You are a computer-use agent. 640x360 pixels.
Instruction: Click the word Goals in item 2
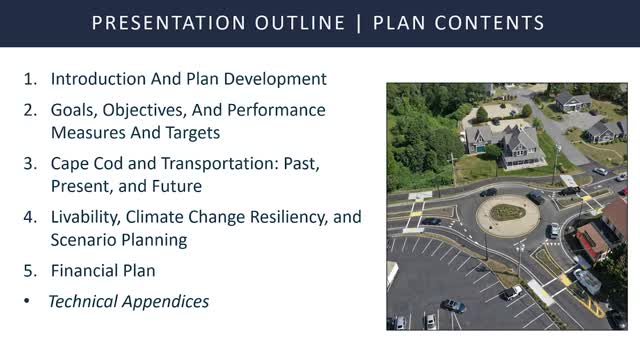(x=74, y=110)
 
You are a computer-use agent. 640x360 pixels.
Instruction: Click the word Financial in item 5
(x=86, y=271)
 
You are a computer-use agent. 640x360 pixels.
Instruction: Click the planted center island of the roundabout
(x=507, y=212)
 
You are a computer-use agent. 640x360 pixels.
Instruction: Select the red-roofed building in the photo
(x=592, y=240)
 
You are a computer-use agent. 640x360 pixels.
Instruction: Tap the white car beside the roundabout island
(x=553, y=230)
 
